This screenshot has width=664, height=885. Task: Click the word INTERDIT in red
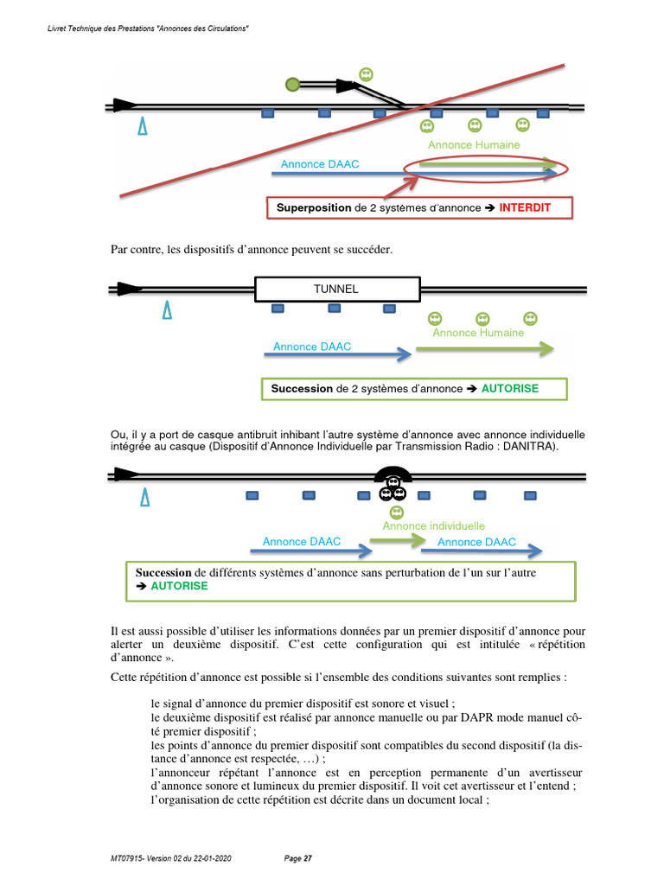click(525, 208)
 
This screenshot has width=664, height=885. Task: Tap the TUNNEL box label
click(336, 289)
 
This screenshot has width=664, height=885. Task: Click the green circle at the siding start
click(292, 84)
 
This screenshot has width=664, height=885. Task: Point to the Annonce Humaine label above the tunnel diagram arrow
click(478, 332)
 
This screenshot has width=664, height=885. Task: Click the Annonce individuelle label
click(433, 525)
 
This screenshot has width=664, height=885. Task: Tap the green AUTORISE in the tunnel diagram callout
click(509, 389)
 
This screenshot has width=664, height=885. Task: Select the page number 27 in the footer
click(307, 858)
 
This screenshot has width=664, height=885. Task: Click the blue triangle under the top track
click(143, 126)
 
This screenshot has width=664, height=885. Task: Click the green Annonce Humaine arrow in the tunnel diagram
click(484, 349)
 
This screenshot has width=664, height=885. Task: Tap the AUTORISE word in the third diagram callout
click(179, 586)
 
